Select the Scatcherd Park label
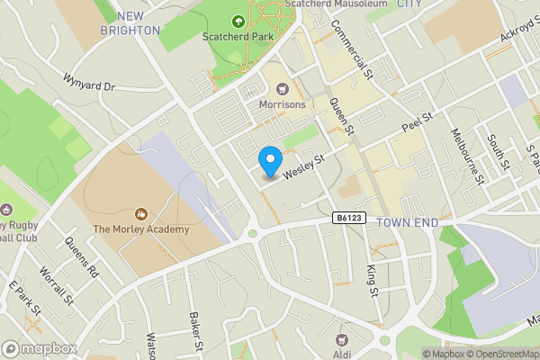[238, 37]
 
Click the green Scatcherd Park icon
[238, 21]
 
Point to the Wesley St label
[303, 163]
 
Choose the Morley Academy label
[140, 229]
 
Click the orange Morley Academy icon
[140, 214]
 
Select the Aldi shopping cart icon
[341, 339]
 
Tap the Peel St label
[418, 122]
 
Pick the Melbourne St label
[468, 155]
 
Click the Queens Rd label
[81, 256]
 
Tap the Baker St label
[196, 332]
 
